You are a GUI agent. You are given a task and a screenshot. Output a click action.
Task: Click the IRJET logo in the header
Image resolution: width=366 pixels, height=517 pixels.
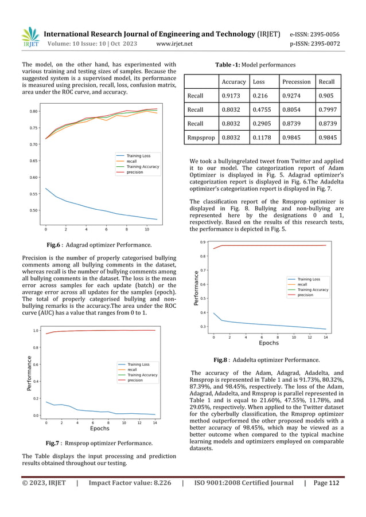(29, 38)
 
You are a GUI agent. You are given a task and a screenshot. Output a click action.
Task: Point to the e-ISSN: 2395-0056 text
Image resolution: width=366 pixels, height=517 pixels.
(314, 34)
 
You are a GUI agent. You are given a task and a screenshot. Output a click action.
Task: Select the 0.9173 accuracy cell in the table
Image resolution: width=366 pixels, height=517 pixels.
(232, 96)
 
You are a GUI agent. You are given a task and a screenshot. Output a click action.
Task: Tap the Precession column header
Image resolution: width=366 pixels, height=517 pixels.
(297, 81)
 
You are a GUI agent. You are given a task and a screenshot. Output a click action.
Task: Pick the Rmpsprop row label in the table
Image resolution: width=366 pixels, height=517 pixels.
(201, 138)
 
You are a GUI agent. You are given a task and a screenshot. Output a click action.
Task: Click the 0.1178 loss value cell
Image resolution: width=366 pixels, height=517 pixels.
(263, 138)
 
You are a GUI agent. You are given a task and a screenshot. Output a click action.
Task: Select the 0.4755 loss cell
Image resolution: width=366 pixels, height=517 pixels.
(263, 110)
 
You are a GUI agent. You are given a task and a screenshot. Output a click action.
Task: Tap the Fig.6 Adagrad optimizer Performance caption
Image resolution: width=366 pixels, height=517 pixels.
(99, 245)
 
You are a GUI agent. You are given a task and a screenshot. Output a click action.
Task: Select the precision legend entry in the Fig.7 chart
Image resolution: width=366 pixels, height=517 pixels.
(135, 380)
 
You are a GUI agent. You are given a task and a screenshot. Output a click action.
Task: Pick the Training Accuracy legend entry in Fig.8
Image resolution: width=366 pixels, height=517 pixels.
(313, 289)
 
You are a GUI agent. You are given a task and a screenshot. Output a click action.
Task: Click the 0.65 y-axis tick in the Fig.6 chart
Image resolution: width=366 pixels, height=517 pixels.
(33, 161)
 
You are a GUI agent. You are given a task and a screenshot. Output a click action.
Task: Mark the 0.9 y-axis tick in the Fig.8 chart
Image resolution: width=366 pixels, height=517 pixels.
(203, 242)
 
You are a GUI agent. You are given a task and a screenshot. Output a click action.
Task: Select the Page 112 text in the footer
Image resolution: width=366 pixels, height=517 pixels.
(326, 483)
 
